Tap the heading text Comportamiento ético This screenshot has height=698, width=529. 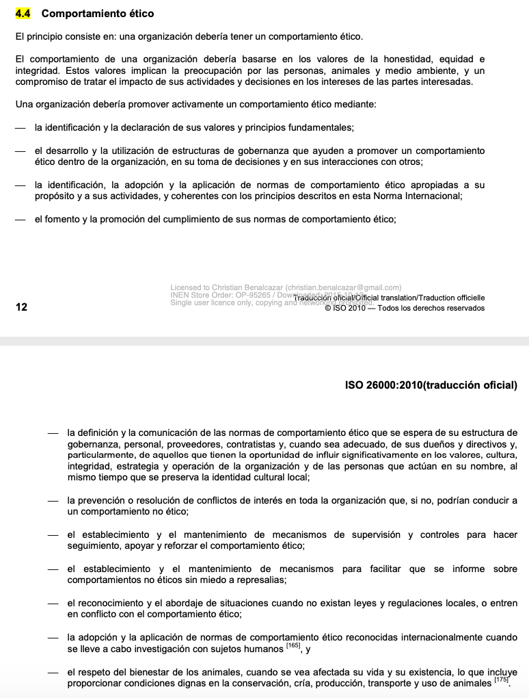(x=98, y=14)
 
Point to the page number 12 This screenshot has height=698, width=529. (x=21, y=307)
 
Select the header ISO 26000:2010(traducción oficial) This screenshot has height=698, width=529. (x=431, y=385)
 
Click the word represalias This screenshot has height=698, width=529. (x=258, y=580)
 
